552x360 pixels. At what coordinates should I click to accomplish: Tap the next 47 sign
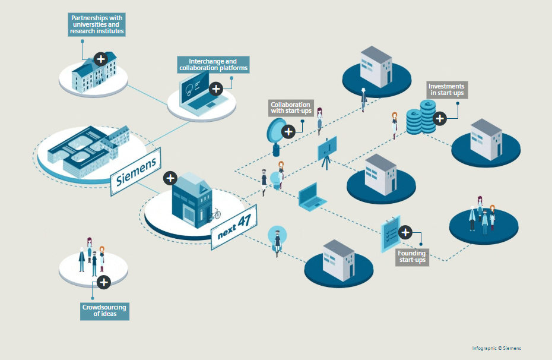[x=234, y=226]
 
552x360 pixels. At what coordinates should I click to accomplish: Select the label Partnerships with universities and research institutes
[x=97, y=25]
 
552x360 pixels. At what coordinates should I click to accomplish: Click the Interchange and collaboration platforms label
[x=213, y=65]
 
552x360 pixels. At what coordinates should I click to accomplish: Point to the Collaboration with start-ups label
[x=291, y=108]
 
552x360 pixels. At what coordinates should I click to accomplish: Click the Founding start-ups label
[x=412, y=257]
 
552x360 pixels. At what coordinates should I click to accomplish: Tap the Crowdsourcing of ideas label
[x=104, y=310]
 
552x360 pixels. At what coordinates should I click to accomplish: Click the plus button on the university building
[x=101, y=59]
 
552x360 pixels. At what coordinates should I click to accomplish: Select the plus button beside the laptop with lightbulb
[x=217, y=89]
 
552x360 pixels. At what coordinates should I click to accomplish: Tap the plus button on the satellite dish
[x=288, y=131]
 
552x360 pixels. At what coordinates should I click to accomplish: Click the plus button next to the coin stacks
[x=440, y=118]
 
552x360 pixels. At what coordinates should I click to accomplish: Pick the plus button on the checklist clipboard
[x=405, y=232]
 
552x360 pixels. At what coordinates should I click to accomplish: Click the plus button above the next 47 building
[x=170, y=178]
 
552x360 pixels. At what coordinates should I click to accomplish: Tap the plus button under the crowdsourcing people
[x=104, y=282]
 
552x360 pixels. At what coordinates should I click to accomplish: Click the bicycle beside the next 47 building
[x=214, y=214]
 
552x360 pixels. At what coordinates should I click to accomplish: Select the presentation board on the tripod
[x=327, y=149]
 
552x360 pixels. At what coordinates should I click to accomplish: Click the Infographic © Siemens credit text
[x=496, y=348]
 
